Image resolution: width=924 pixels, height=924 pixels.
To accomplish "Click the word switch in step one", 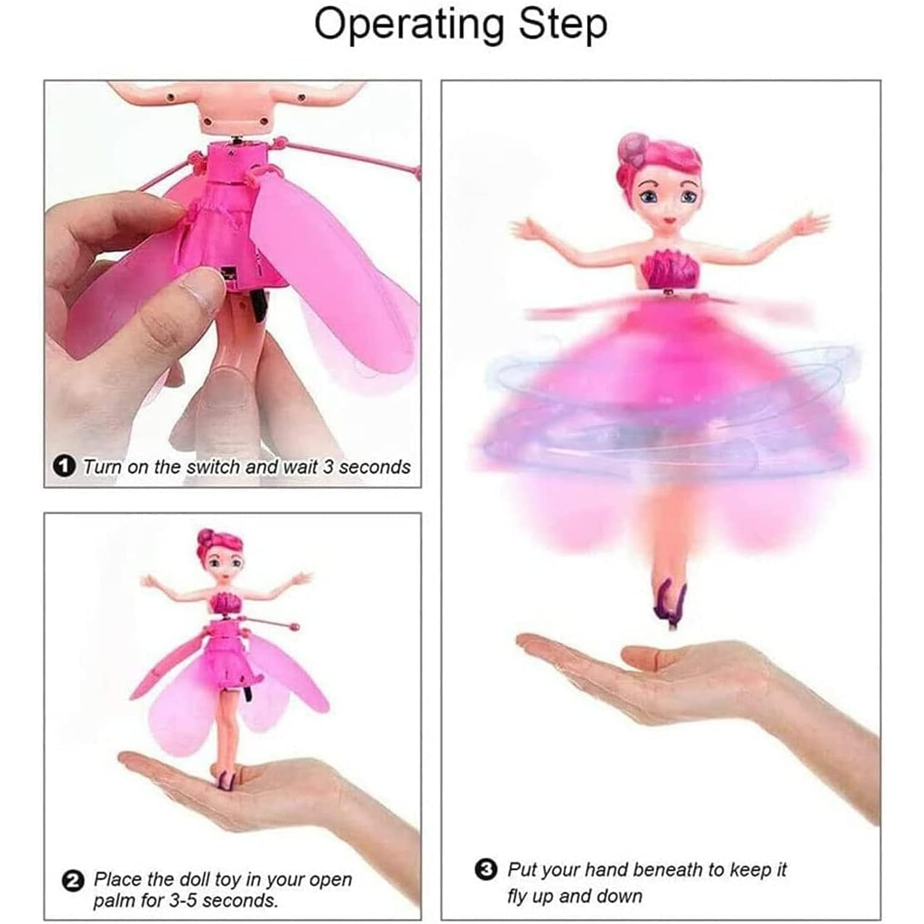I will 213,467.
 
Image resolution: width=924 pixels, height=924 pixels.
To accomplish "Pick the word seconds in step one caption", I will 375,467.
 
